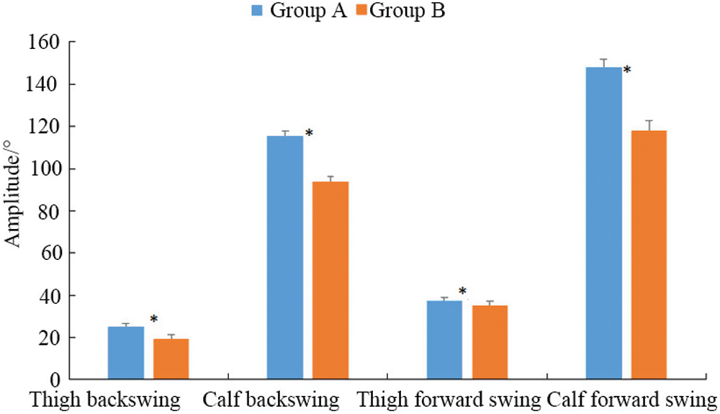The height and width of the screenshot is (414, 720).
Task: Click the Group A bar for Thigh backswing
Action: pyautogui.click(x=126, y=353)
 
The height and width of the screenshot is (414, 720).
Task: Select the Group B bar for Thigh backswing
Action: pyautogui.click(x=171, y=359)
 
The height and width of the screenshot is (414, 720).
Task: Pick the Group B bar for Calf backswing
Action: pyautogui.click(x=330, y=280)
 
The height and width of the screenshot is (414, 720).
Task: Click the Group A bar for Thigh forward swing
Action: pyautogui.click(x=444, y=340)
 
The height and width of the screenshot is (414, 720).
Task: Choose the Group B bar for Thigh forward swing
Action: pyautogui.click(x=490, y=342)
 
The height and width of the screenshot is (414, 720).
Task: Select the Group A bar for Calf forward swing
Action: pyautogui.click(x=603, y=223)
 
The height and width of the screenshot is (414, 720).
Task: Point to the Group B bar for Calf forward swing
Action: pyautogui.click(x=649, y=255)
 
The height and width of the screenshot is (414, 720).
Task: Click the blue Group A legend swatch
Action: pyautogui.click(x=257, y=11)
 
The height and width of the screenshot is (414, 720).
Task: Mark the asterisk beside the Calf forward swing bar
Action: pyautogui.click(x=627, y=70)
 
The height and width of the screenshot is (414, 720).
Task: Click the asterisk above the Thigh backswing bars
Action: pyautogui.click(x=153, y=319)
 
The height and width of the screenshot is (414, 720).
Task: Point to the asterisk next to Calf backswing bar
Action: pyautogui.click(x=309, y=134)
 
